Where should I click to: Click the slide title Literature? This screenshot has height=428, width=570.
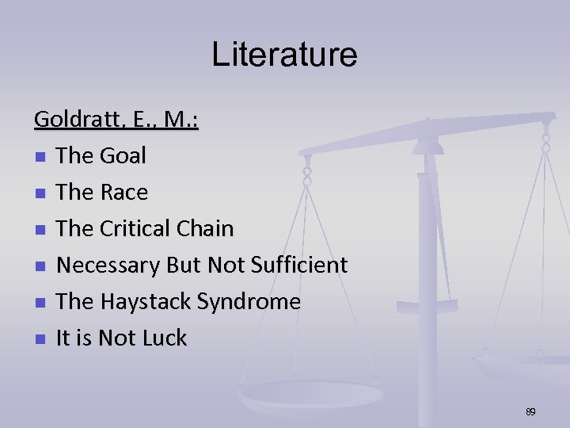tap(284, 55)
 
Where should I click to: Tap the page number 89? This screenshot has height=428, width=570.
tap(530, 412)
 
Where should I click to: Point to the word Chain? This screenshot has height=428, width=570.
tap(206, 229)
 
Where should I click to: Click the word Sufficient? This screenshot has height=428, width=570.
tap(299, 266)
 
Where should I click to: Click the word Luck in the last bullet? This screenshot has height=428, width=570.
tap(163, 338)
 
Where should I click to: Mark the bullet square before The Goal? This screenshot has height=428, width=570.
tap(40, 157)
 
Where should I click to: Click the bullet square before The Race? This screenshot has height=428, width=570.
tap(40, 193)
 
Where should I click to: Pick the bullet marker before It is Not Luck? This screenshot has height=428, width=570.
tap(40, 339)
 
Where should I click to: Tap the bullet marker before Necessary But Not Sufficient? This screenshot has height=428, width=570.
tap(40, 266)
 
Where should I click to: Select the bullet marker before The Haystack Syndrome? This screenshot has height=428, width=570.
tap(40, 303)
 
